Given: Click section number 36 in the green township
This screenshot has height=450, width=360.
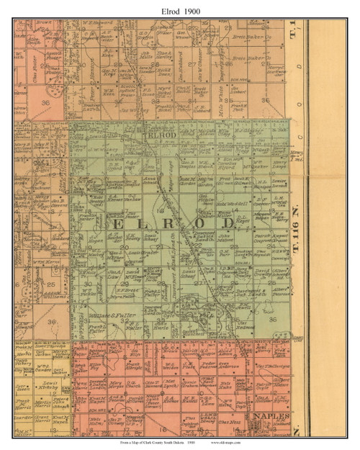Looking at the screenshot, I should coord(272,320).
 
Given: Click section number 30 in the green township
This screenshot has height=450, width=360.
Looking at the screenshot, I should coord(89,284).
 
